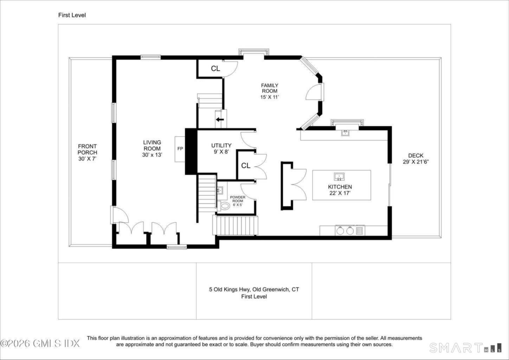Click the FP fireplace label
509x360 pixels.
click(180, 149)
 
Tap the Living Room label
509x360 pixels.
click(152, 145)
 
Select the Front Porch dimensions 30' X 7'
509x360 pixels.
click(87, 159)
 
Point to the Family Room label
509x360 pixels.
click(270, 88)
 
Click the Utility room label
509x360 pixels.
click(221, 145)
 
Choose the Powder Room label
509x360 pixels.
click(238, 199)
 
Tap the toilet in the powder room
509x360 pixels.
click(223, 206)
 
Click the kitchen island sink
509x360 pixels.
click(339, 177)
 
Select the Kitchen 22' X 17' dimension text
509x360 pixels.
click(340, 193)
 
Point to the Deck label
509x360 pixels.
click(416, 156)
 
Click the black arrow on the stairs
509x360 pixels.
click(220, 119)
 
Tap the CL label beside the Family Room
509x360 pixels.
click(216, 69)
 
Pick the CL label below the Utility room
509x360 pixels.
click(246, 166)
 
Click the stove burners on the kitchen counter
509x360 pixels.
click(345, 231)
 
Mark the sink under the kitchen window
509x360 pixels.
click(345, 132)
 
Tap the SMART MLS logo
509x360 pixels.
click(465, 348)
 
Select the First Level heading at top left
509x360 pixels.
click(72, 15)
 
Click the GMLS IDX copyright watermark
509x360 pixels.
click(40, 344)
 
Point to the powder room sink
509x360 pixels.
click(220, 189)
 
